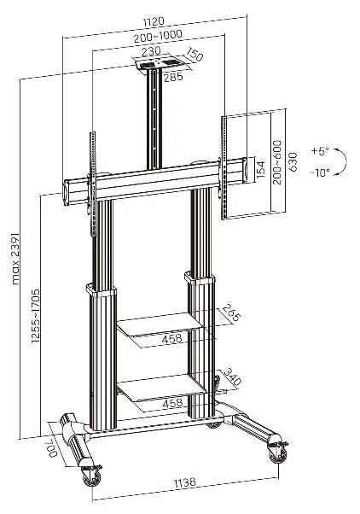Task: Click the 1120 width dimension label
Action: coord(154,22)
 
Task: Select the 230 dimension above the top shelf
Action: coord(151,51)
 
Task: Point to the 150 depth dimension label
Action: coord(195,55)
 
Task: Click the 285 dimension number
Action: coord(173,78)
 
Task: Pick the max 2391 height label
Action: coord(16,259)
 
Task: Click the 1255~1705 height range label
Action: coord(35,316)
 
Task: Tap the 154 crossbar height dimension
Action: coord(260,170)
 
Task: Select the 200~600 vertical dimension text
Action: coord(277,162)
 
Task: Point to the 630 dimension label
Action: coord(293,161)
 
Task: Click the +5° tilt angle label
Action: coord(320,151)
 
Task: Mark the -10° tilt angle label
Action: coord(320,172)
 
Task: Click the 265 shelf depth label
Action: coord(231,313)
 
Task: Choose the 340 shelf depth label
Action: coord(232,377)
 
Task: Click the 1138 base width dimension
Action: coord(185,482)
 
